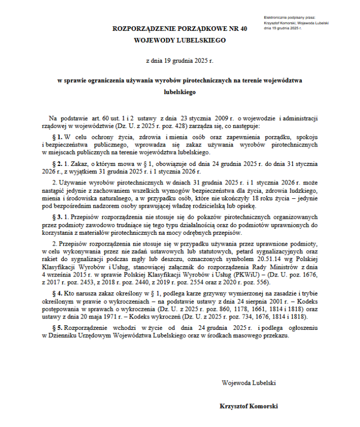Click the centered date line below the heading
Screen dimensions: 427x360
(x=179, y=60)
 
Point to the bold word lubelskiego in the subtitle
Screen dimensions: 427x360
(x=179, y=92)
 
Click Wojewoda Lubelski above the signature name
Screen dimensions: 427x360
(x=249, y=383)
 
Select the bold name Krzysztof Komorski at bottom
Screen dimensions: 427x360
(x=249, y=406)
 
